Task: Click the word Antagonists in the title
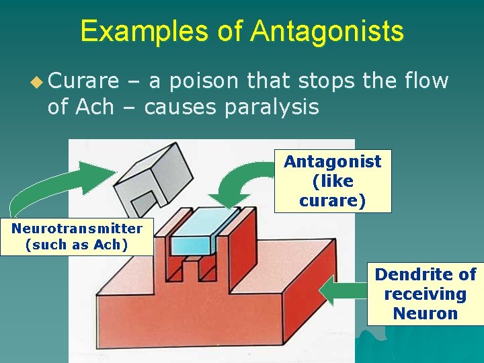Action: [x=327, y=31]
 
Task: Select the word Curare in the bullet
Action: [x=84, y=81]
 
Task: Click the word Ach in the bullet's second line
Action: [x=96, y=106]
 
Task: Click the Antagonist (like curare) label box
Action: [x=332, y=181]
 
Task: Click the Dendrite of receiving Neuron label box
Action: [x=425, y=294]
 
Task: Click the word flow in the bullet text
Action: [x=426, y=81]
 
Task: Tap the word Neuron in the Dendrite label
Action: [x=425, y=313]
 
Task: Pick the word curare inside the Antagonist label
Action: [x=332, y=200]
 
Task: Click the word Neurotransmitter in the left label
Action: [x=77, y=228]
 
